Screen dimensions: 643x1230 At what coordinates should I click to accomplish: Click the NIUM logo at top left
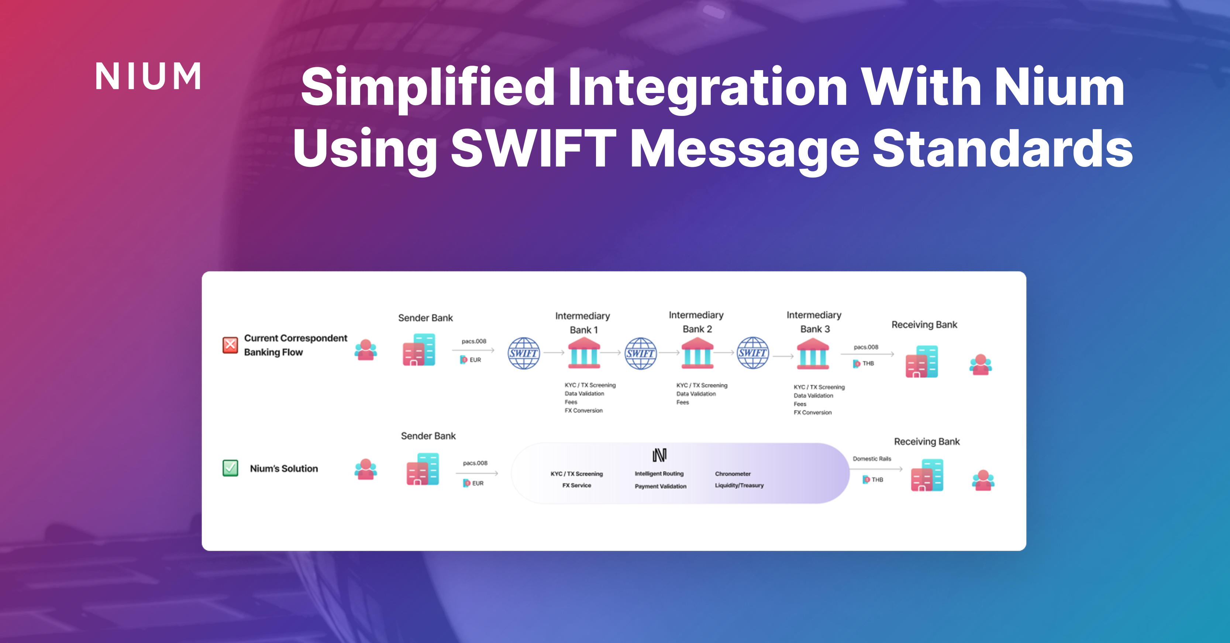(x=148, y=76)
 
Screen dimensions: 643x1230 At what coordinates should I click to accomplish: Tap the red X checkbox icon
(x=230, y=345)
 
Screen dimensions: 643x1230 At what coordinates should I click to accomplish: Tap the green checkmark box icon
(x=230, y=468)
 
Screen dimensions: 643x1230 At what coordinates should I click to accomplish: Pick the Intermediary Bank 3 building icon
(x=813, y=354)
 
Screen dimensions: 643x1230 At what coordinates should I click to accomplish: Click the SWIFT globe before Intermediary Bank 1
(x=523, y=353)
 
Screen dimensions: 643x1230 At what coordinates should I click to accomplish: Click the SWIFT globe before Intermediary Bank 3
(x=752, y=353)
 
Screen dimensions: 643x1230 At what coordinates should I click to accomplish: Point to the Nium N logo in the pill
(x=659, y=455)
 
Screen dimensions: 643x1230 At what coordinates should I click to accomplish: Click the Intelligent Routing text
(x=659, y=474)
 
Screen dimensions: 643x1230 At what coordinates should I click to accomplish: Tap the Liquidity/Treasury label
(x=739, y=485)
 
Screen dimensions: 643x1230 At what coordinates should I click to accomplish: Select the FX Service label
(x=576, y=485)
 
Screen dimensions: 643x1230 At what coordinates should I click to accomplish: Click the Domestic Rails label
(x=872, y=458)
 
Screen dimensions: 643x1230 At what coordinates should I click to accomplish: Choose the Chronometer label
(x=733, y=474)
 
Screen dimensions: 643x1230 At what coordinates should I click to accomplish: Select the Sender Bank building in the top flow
(x=419, y=350)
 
